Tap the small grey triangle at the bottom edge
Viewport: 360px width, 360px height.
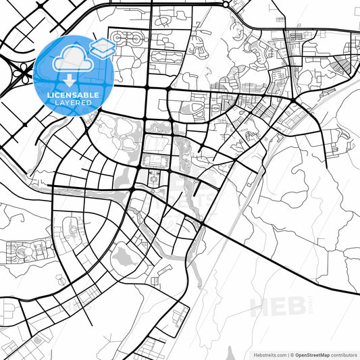coord(230,352)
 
